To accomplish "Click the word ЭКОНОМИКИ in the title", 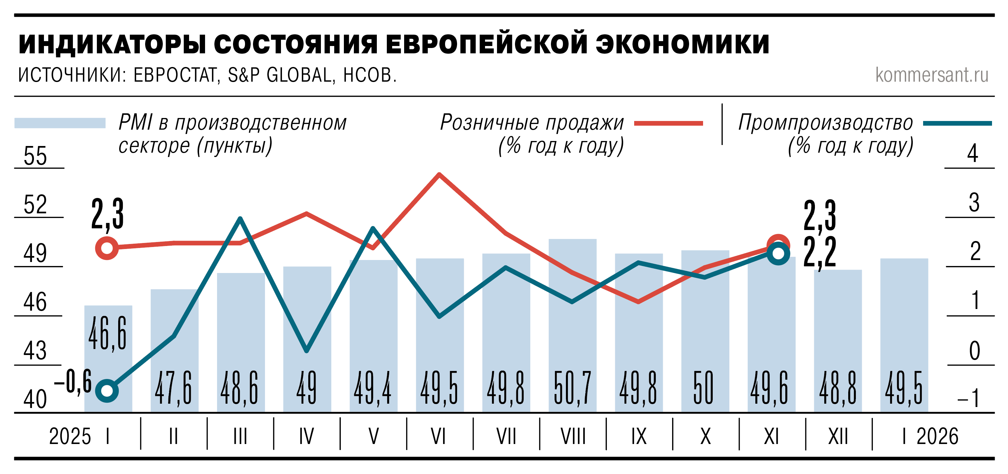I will [x=682, y=44].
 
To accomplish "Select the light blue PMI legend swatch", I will [x=60, y=123].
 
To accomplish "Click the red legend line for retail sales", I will [x=668, y=123].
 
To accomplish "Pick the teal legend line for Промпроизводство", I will [x=957, y=123].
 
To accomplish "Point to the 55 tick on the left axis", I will [x=35, y=156].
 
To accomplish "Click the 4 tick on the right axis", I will [x=972, y=154].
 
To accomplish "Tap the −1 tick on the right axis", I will [x=970, y=399].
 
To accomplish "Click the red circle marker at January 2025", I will [x=107, y=248].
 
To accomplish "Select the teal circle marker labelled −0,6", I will [x=107, y=391].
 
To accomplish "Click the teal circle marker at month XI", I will [x=778, y=253].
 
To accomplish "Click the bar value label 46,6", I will [x=108, y=334].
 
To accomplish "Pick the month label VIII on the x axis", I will [x=573, y=436].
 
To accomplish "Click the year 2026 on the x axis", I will [x=937, y=436].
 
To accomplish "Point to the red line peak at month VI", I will [x=439, y=175].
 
